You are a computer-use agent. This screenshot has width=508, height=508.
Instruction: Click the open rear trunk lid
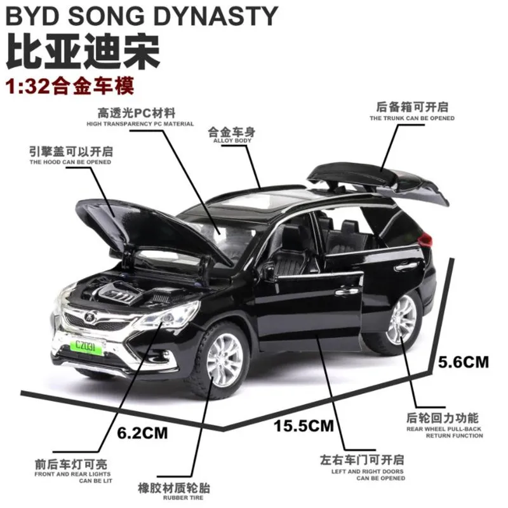pyautogui.click(x=375, y=178)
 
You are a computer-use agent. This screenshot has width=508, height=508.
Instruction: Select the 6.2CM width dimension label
pyautogui.click(x=142, y=433)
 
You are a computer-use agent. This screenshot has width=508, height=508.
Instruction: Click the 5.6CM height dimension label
pyautogui.click(x=464, y=363)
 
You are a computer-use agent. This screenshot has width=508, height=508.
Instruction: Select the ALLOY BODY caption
pyautogui.click(x=232, y=140)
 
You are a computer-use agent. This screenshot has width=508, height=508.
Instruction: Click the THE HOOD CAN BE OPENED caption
pyautogui.click(x=70, y=163)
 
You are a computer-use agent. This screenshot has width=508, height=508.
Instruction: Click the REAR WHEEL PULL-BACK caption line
pyautogui.click(x=444, y=429)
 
